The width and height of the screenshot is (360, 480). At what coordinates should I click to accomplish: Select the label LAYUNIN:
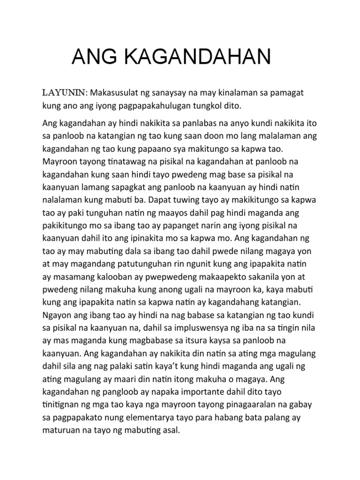coord(63,93)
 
